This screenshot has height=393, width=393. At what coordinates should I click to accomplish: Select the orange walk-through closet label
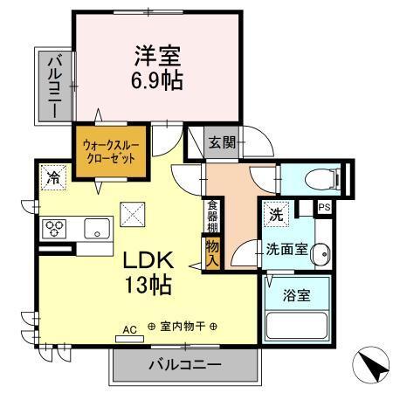click(110, 154)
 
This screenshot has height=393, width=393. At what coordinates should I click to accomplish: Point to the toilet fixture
click(318, 178)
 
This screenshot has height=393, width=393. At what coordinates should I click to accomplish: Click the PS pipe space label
click(324, 207)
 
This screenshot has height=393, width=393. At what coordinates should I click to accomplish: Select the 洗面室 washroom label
click(286, 249)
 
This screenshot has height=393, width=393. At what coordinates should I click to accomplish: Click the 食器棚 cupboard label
click(212, 217)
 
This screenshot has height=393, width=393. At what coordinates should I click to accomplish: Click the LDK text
click(145, 259)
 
